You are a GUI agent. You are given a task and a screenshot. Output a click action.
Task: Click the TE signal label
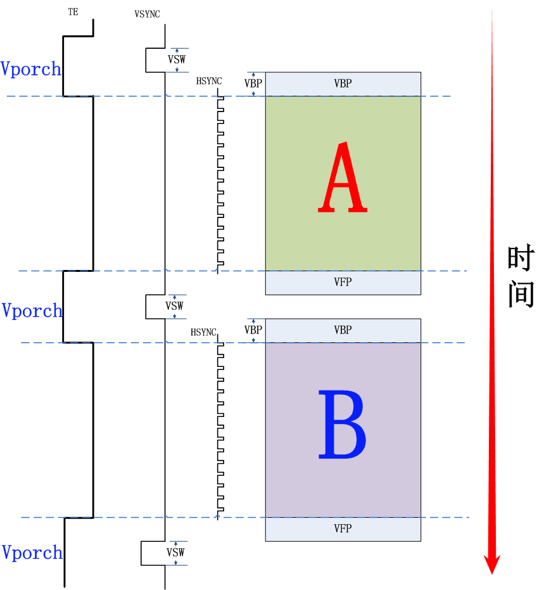pos(73,12)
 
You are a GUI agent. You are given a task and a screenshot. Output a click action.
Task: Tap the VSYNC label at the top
pos(147,14)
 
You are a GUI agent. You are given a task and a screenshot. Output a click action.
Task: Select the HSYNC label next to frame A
pos(209,80)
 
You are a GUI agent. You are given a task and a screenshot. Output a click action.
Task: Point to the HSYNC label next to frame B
pos(203,332)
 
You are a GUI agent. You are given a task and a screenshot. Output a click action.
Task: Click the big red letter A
pos(342,178)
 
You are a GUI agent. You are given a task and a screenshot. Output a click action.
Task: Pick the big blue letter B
pos(342,425)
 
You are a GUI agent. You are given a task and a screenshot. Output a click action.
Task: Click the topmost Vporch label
pos(31,68)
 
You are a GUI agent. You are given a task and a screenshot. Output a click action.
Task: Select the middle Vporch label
pos(32,311)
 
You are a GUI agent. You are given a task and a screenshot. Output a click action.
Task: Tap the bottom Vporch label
pos(32,553)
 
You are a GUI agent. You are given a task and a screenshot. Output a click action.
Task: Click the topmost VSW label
pos(177,60)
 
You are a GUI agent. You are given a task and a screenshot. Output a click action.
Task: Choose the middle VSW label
pos(175,306)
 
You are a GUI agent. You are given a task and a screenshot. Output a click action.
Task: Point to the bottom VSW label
pos(175,553)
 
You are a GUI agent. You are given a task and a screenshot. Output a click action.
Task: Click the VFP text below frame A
pos(343,283)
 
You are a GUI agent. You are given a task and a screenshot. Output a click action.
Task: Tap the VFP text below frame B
pos(343,529)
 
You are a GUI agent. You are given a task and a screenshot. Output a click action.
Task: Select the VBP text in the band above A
pos(343,84)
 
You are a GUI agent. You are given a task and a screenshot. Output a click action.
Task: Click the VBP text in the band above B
pos(343,330)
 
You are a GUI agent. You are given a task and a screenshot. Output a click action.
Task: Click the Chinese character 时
pos(521,259)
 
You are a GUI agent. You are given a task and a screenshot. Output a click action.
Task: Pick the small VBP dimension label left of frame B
pos(253,330)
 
